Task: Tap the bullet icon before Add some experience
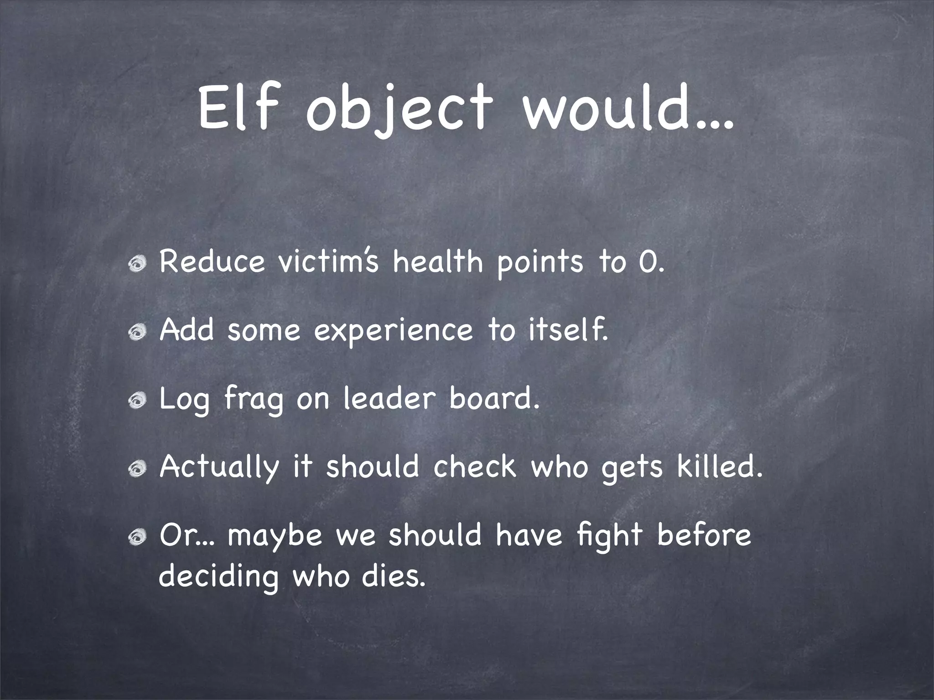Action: [138, 331]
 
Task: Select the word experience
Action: [394, 331]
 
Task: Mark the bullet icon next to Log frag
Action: [138, 400]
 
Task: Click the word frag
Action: [254, 400]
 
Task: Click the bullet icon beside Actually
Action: [138, 468]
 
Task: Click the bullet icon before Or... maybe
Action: [138, 536]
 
